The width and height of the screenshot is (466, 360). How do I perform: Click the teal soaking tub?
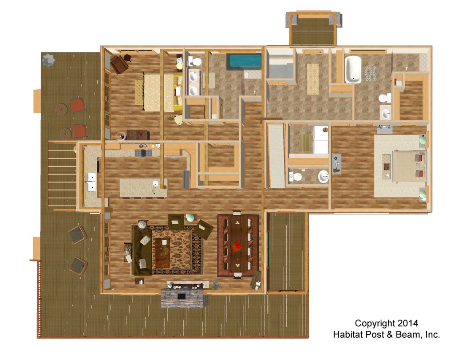244,62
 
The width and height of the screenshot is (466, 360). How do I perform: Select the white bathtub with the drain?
353,70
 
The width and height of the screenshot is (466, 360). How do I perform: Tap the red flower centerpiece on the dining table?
237,246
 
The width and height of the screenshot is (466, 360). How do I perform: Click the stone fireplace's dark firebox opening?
181,296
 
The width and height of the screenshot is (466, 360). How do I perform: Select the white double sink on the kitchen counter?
91,182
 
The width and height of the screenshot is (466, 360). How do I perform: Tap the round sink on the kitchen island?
155,184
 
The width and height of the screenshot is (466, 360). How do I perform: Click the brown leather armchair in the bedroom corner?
119,64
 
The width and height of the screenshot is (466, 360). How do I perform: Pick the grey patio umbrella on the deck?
48,60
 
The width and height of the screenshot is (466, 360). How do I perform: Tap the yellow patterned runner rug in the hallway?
312,79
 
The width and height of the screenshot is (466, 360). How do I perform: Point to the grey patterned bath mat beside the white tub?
371,73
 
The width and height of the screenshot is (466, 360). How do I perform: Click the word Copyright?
375,324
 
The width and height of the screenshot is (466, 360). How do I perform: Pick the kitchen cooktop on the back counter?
144,153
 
